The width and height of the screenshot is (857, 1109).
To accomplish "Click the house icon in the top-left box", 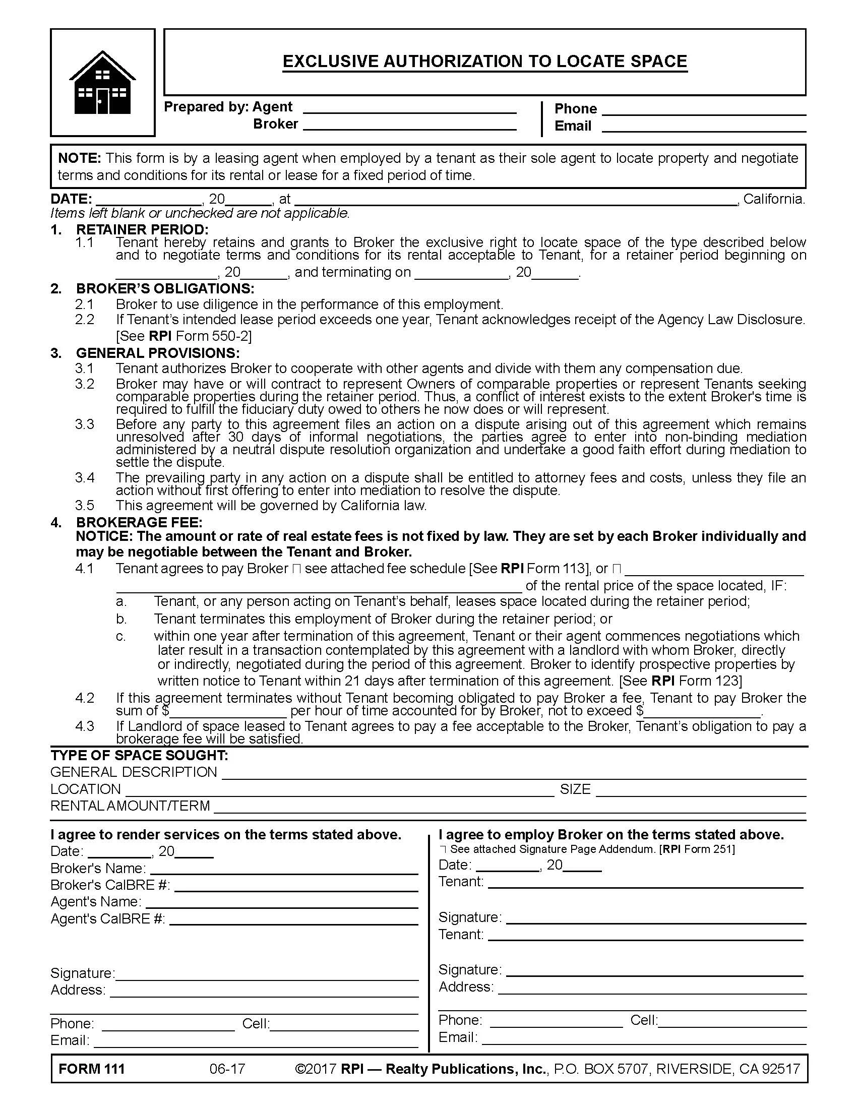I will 102,82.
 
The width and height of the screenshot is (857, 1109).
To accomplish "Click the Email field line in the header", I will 704,129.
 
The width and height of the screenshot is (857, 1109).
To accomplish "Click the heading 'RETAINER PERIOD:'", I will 142,229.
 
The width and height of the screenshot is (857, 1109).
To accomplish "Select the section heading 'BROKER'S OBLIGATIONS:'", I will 165,288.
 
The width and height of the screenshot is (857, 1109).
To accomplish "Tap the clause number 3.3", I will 85,424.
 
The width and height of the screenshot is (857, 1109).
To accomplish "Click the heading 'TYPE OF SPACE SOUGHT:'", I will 139,756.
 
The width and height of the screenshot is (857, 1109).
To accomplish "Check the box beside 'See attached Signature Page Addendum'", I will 443,849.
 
